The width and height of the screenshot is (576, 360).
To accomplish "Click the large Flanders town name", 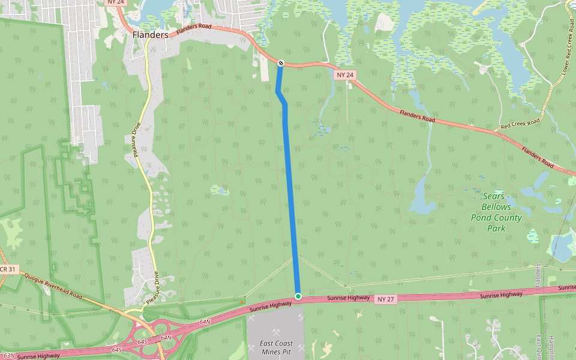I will pyautogui.click(x=150, y=35).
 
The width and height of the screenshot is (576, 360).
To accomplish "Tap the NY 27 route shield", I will pyautogui.click(x=386, y=299).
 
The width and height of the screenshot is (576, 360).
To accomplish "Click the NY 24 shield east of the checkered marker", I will pyautogui.click(x=346, y=75).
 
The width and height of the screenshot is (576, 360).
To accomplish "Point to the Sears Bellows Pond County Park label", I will pyautogui.click(x=496, y=212).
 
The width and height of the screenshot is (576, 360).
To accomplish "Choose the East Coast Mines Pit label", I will pyautogui.click(x=276, y=347).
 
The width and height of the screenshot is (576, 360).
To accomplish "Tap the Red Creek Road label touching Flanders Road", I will pyautogui.click(x=520, y=125).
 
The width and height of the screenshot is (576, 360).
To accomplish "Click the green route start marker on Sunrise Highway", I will pyautogui.click(x=298, y=296).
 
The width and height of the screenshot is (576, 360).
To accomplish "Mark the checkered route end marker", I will pyautogui.click(x=281, y=62).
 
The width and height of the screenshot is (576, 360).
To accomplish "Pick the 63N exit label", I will pyautogui.click(x=8, y=356).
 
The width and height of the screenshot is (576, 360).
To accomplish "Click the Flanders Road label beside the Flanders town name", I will pyautogui.click(x=193, y=31).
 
